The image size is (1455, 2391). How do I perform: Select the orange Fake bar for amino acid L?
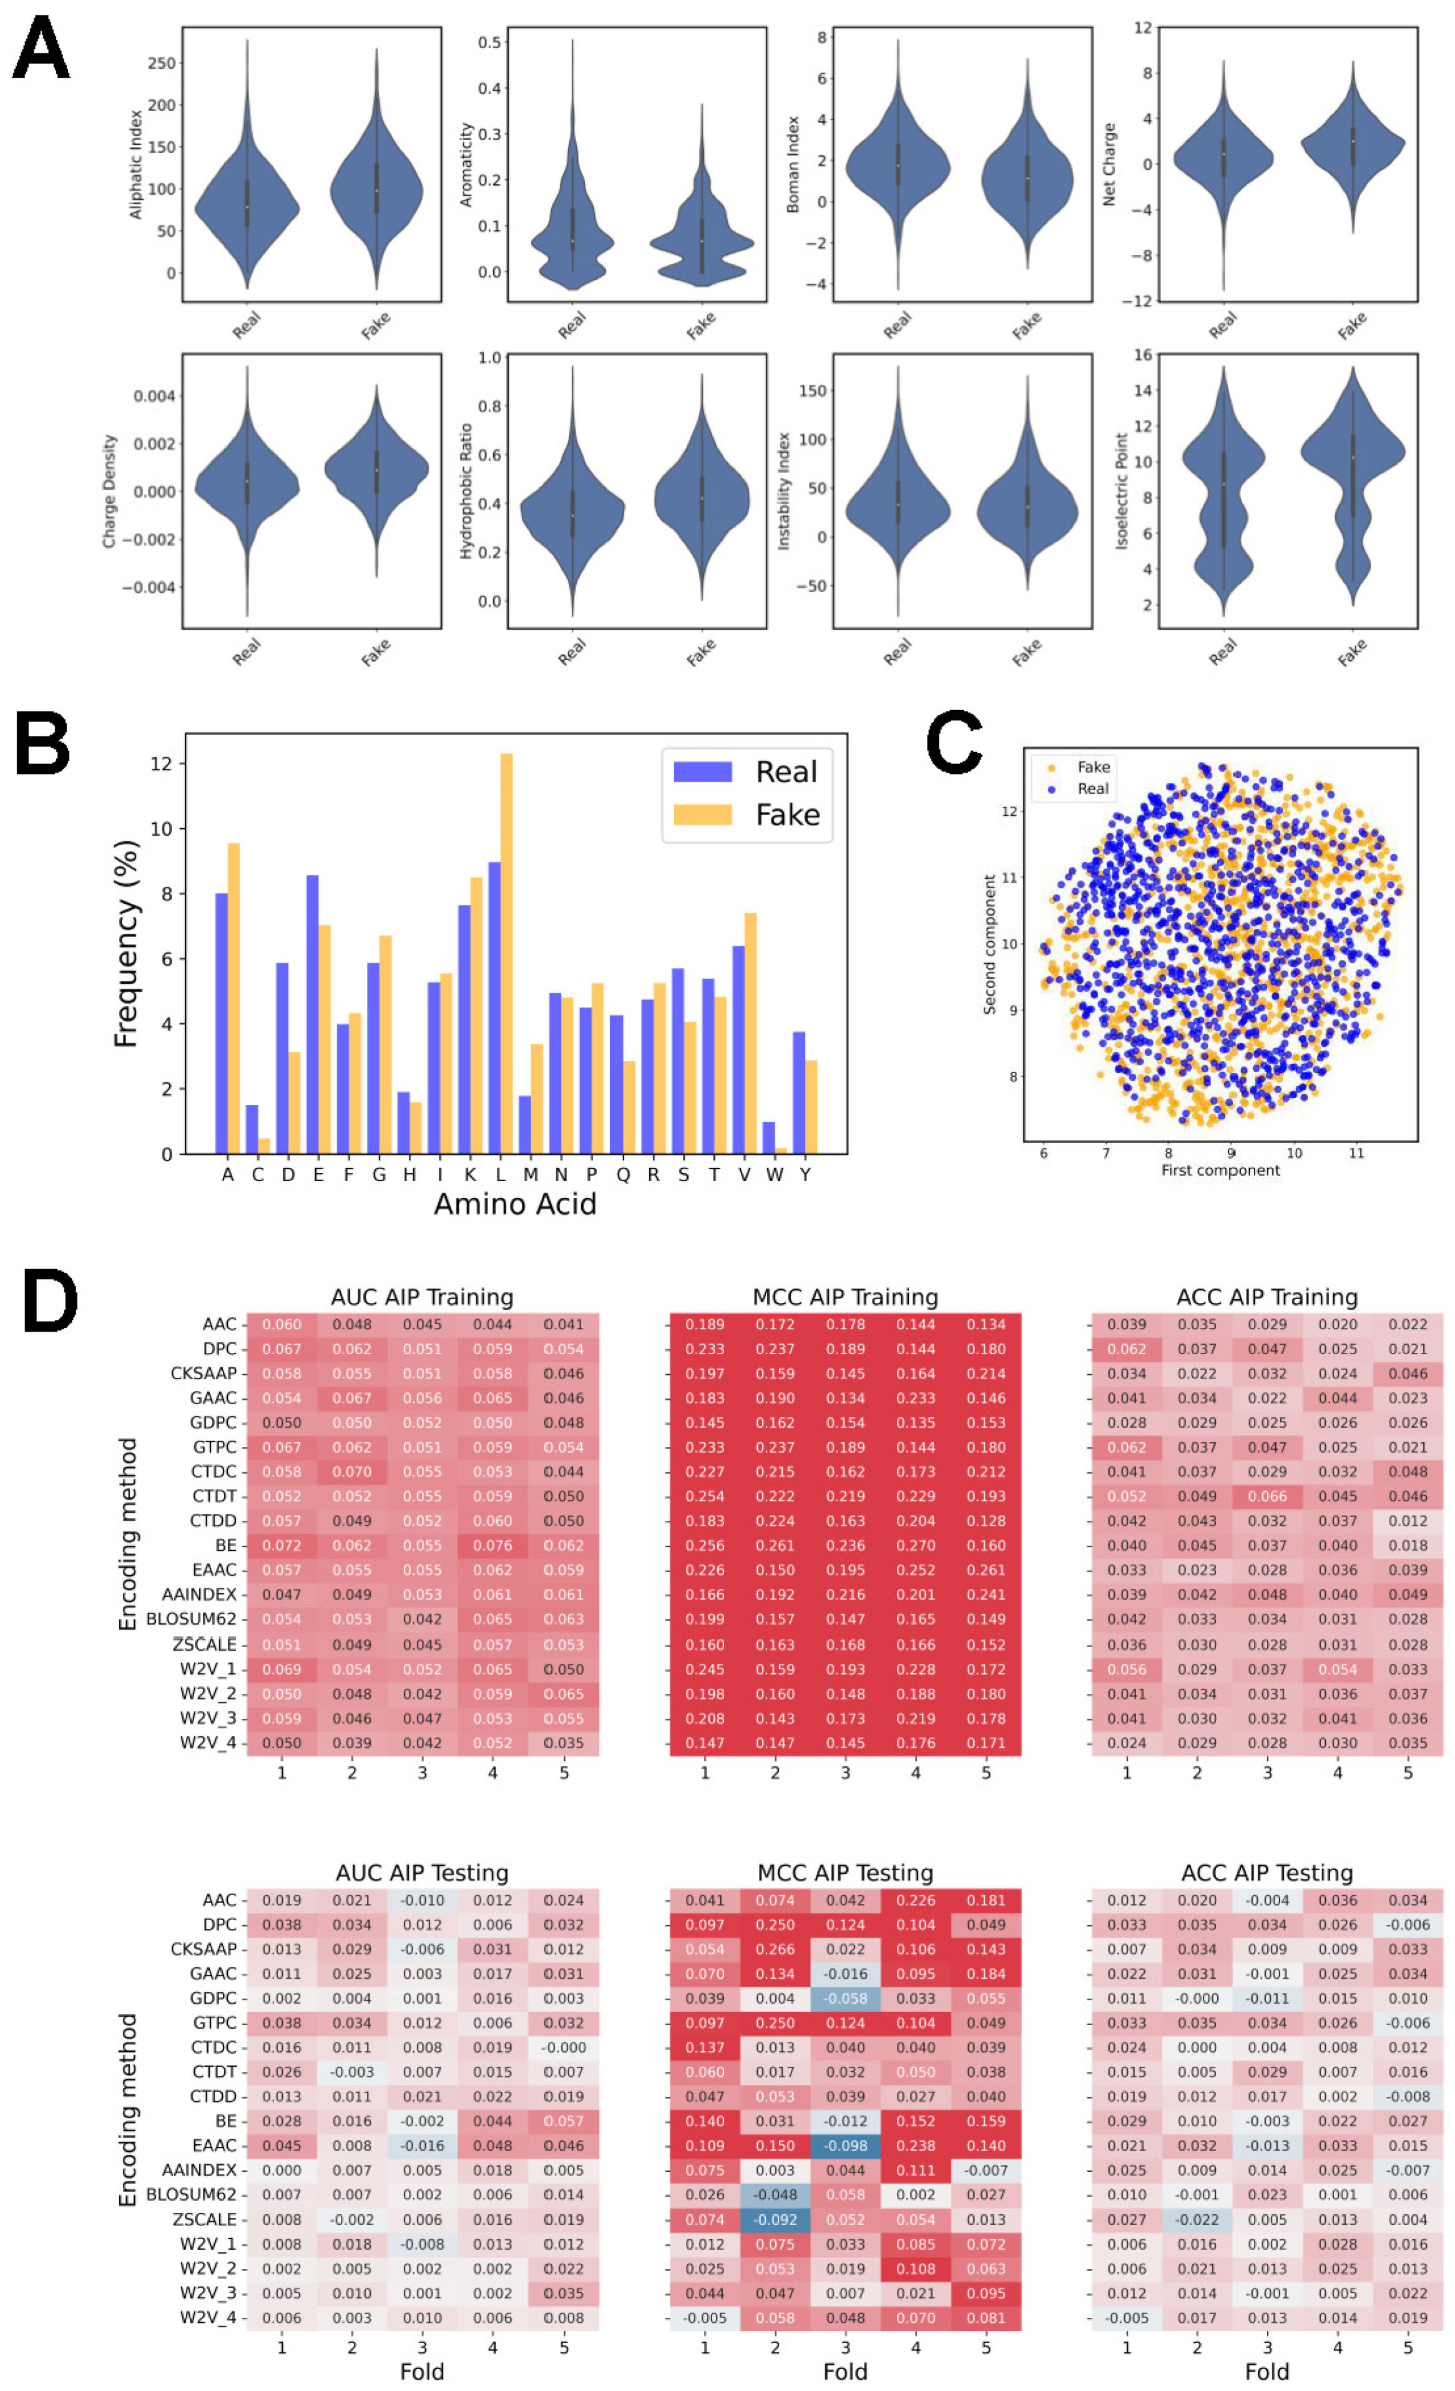tap(506, 953)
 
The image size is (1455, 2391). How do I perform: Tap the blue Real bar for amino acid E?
tap(312, 1014)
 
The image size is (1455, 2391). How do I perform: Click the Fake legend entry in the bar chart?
tap(748, 814)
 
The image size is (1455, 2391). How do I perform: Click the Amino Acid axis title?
tap(515, 1204)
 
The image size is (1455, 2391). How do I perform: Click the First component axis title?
tap(1220, 1171)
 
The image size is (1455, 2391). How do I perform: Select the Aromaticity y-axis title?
tap(466, 165)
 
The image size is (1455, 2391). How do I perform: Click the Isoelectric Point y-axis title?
tap(1121, 491)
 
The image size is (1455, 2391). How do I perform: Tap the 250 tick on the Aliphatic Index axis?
tap(161, 63)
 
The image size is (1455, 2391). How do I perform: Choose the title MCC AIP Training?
tap(845, 1297)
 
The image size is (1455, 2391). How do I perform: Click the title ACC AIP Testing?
tap(1267, 1873)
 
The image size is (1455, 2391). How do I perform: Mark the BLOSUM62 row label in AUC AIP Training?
tap(191, 1618)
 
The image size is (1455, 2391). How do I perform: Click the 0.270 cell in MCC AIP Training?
tap(916, 1545)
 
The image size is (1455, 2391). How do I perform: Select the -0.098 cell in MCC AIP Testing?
tap(845, 2146)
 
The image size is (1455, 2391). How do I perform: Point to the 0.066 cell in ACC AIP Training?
tap(1267, 1497)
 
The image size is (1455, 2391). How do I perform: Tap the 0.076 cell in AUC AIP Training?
tap(492, 1545)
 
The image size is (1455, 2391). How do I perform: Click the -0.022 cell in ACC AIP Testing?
tap(1197, 2219)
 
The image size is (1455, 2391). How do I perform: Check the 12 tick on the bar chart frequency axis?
tap(161, 764)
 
